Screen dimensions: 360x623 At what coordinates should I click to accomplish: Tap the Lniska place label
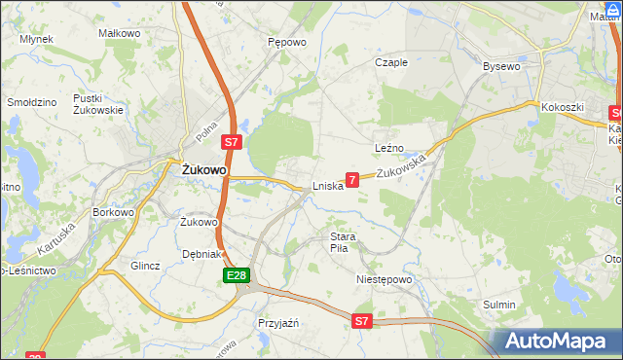point(328,185)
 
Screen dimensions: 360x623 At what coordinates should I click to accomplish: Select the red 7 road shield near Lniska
point(352,179)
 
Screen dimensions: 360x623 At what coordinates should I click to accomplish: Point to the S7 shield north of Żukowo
point(231,142)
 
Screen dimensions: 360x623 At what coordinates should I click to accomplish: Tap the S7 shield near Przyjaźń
point(362,320)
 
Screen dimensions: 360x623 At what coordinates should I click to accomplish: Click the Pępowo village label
point(287,43)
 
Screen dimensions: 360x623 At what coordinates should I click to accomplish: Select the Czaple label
point(391,61)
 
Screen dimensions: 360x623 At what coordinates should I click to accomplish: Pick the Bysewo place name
point(503,66)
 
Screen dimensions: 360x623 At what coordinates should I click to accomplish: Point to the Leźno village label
point(388,147)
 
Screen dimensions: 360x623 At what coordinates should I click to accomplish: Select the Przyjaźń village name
point(277,322)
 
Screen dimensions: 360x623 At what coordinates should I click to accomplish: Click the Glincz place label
point(144,265)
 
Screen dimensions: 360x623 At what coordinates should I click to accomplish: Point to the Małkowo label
point(121,32)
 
